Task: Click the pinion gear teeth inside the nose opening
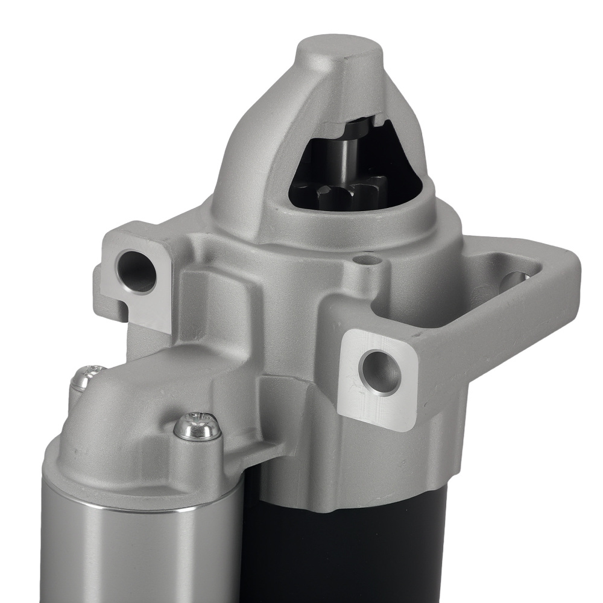[338, 194]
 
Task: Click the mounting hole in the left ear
[137, 271]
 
